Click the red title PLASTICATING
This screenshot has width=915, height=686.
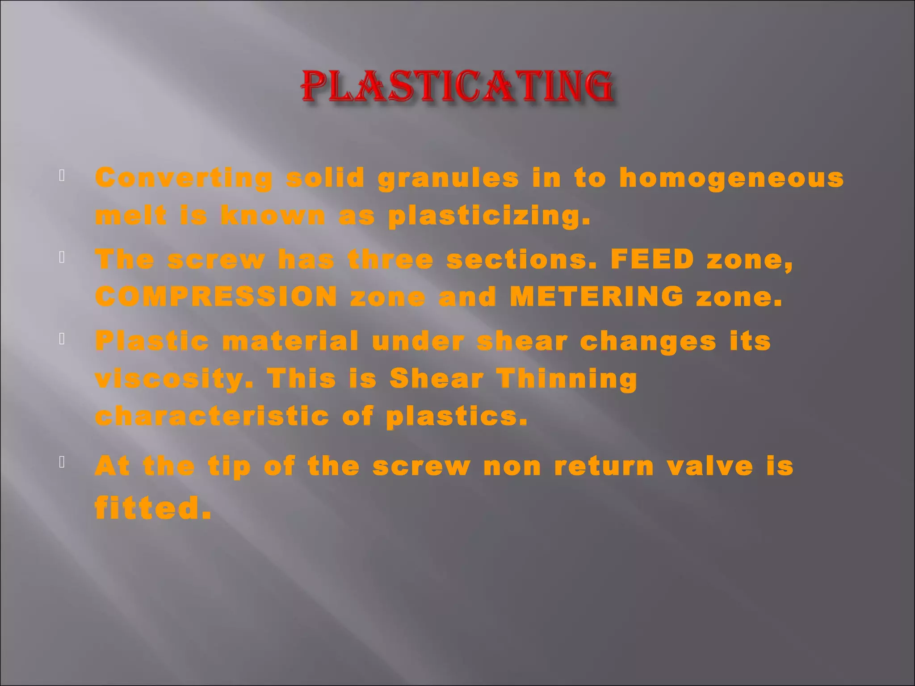[457, 87]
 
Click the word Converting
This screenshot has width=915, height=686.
[184, 178]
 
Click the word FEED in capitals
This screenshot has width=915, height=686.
[652, 259]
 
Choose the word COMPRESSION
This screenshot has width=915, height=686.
[216, 297]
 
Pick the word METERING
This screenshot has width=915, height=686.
[596, 297]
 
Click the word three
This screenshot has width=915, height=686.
[390, 259]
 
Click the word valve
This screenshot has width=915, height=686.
[709, 466]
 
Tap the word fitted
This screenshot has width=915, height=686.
[153, 508]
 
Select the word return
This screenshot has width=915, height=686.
[604, 466]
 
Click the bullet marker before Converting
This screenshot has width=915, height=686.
[62, 176]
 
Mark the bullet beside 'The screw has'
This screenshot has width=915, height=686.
[62, 257]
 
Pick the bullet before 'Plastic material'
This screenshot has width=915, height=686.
[62, 339]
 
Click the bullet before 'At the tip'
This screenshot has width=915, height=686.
[62, 462]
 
